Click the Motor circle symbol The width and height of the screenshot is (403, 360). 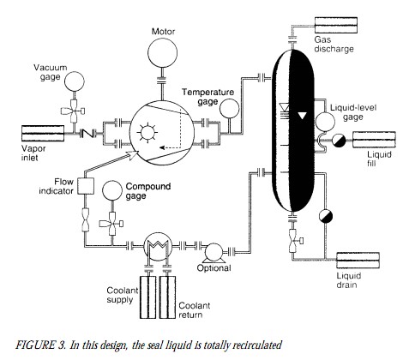pyautogui.click(x=162, y=53)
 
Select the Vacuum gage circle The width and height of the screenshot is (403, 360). pyautogui.click(x=75, y=81)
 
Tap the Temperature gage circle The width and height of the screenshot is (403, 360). pyautogui.click(x=229, y=109)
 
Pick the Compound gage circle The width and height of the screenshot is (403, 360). pyautogui.click(x=112, y=190)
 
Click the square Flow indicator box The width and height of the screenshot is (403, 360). pyautogui.click(x=86, y=186)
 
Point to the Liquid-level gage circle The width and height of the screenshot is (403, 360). pyautogui.click(x=325, y=122)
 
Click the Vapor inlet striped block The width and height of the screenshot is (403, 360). pyautogui.click(x=43, y=133)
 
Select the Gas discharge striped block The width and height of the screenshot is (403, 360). pyautogui.click(x=336, y=25)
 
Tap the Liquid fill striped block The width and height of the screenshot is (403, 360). pyautogui.click(x=374, y=140)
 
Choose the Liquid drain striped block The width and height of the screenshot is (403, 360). pyautogui.click(x=358, y=261)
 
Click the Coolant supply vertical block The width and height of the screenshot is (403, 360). pyautogui.click(x=147, y=297)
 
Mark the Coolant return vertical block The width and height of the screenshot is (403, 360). pyautogui.click(x=167, y=297)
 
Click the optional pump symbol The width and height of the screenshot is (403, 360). pyautogui.click(x=214, y=253)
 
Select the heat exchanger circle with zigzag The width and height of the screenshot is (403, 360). pyautogui.click(x=157, y=246)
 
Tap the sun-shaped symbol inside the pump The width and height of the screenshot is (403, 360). pyautogui.click(x=147, y=133)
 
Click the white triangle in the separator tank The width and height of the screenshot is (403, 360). pyautogui.click(x=302, y=116)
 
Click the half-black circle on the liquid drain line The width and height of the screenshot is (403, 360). pyautogui.click(x=326, y=216)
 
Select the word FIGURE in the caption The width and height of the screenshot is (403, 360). pyautogui.click(x=35, y=345)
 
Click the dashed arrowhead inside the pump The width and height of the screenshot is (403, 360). pyautogui.click(x=162, y=147)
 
